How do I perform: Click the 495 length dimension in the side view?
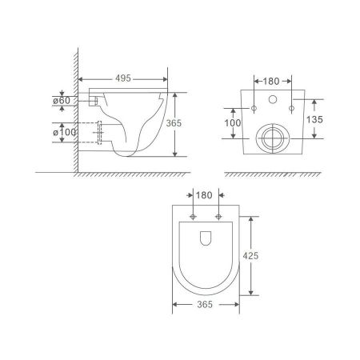(x=122, y=80)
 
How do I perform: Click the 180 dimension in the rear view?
(x=271, y=80)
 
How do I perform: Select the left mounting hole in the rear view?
(x=254, y=108)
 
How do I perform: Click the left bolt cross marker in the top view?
(x=194, y=217)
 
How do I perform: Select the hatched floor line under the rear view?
(x=271, y=174)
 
